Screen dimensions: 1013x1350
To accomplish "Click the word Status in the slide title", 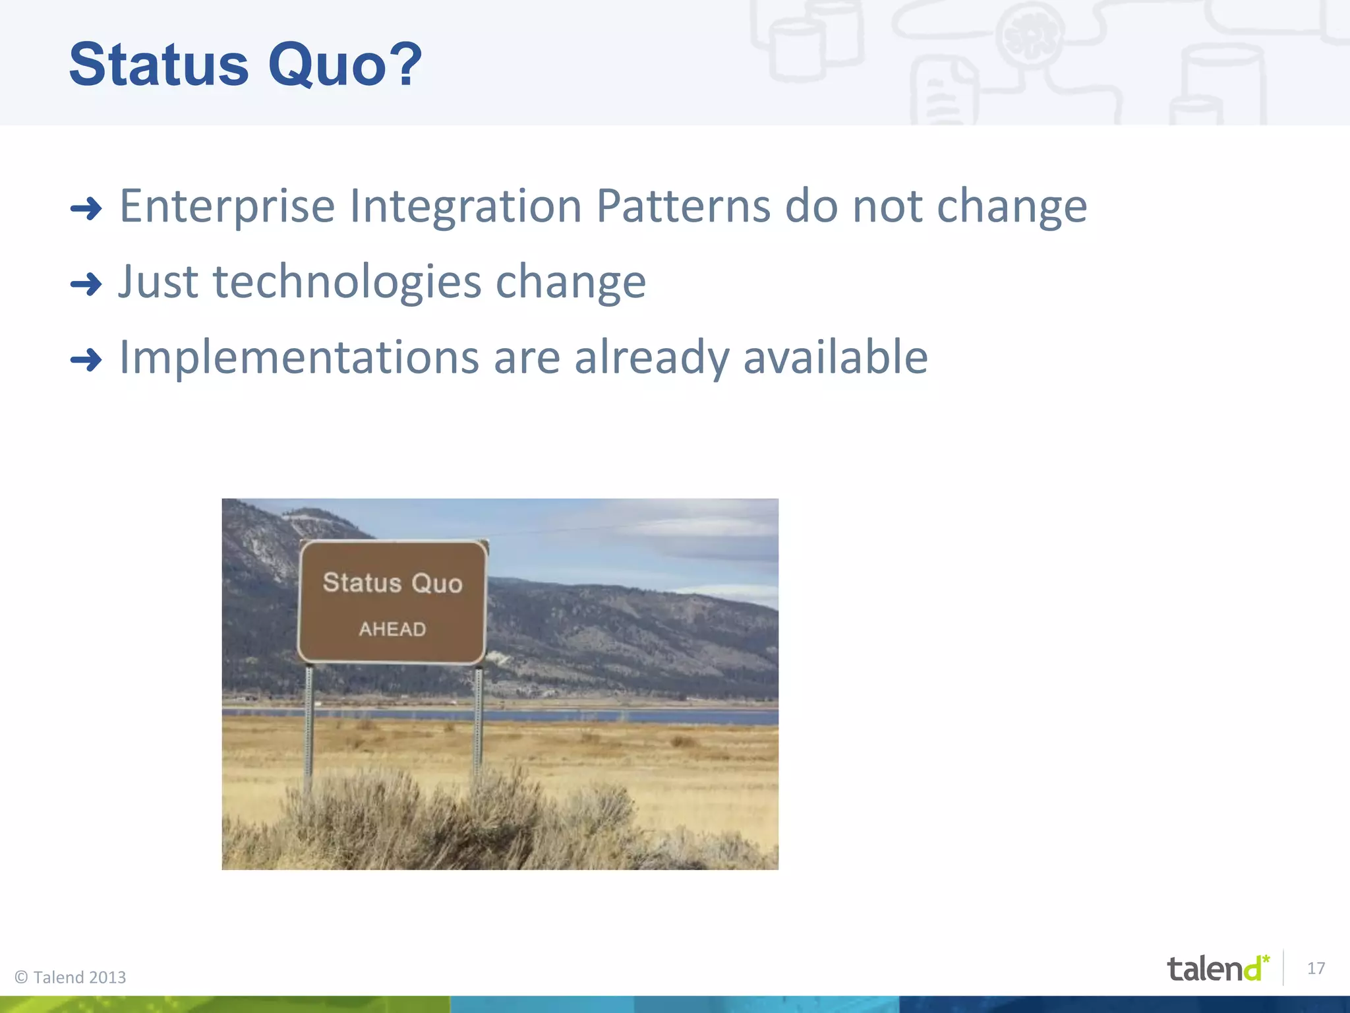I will tap(158, 65).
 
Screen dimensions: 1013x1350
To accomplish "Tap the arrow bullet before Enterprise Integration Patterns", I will tap(86, 210).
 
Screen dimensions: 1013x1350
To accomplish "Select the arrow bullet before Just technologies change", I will tap(86, 285).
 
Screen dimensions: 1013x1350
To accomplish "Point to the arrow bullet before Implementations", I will tap(86, 360).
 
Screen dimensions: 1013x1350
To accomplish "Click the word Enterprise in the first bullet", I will tap(227, 207).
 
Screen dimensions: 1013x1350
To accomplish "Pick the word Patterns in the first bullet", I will tap(683, 206).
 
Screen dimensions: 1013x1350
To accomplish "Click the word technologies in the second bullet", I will tap(347, 282).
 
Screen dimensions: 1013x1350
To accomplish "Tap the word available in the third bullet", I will tap(835, 357).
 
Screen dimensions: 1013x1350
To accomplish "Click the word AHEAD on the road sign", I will tap(392, 629).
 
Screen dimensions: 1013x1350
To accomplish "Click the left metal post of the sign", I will tap(308, 725).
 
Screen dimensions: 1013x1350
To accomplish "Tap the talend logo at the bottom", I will tap(1217, 968).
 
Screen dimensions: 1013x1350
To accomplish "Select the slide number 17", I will tap(1316, 968).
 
